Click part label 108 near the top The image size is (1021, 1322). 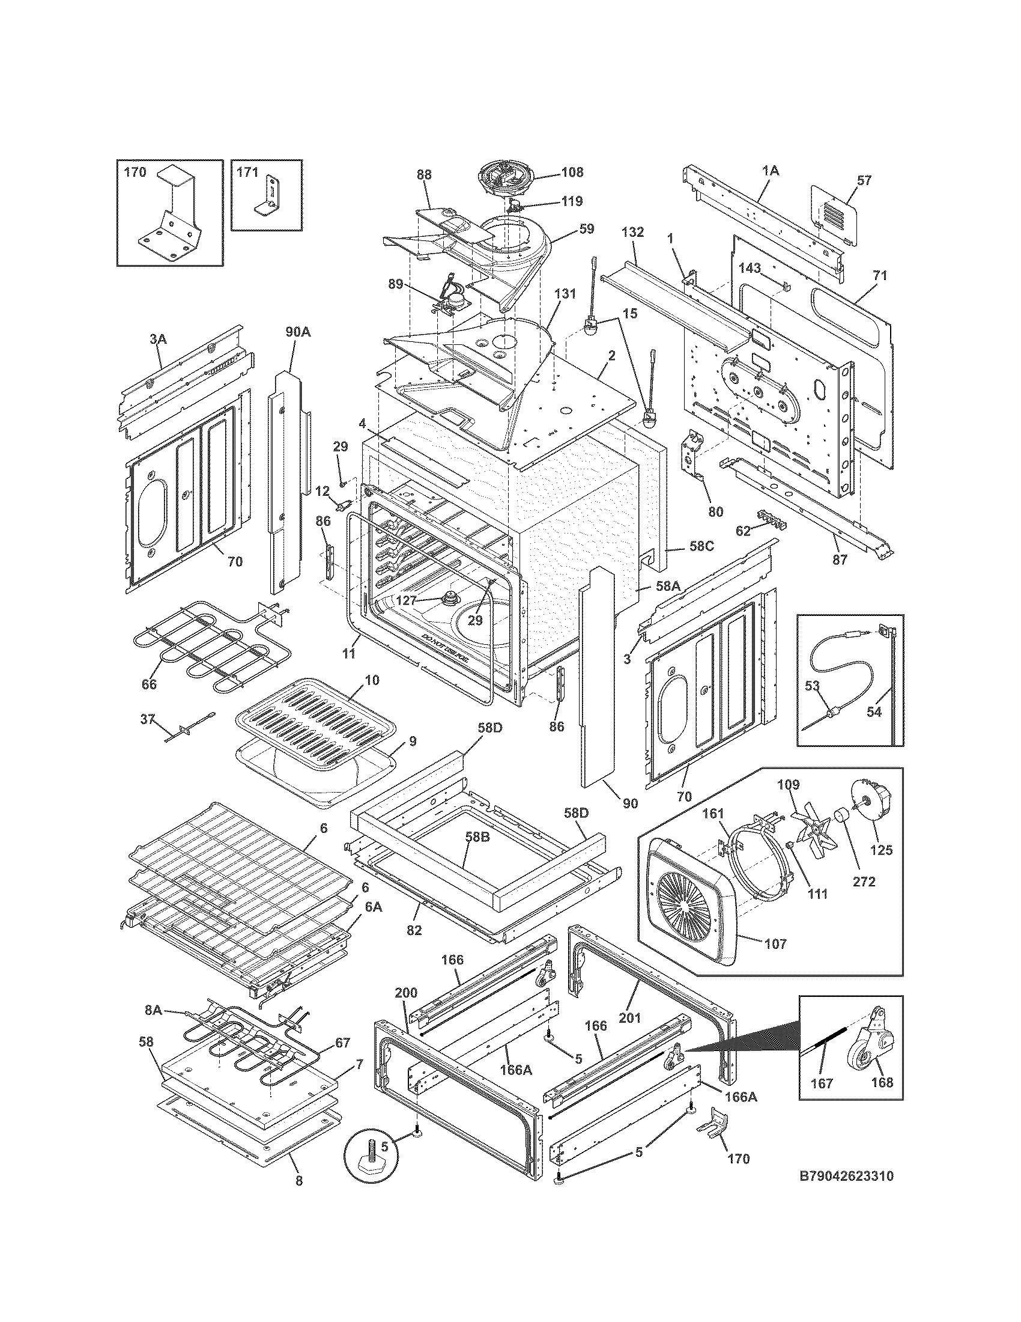(572, 172)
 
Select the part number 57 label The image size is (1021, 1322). (864, 180)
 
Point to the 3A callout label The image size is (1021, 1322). (159, 340)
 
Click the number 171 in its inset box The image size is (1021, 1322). (247, 172)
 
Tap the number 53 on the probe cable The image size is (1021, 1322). (813, 685)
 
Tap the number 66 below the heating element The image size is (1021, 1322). (149, 684)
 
